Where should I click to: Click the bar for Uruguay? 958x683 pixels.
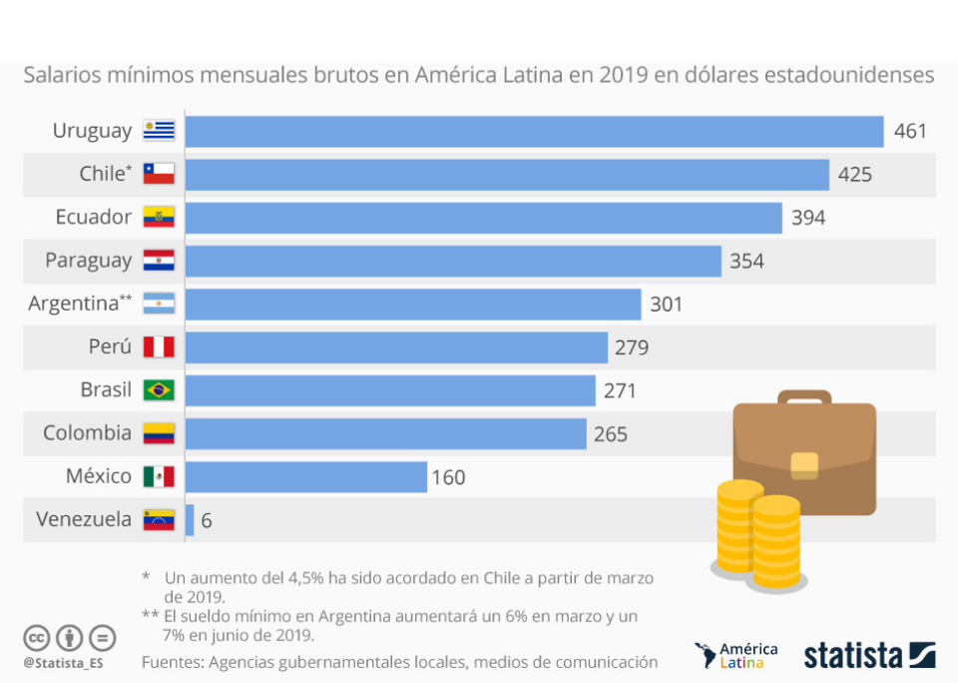pyautogui.click(x=534, y=132)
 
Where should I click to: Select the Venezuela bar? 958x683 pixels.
pyautogui.click(x=190, y=519)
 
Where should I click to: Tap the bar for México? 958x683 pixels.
pyautogui.click(x=305, y=476)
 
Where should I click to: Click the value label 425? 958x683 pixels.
pyautogui.click(x=854, y=175)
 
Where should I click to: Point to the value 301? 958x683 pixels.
pyautogui.click(x=666, y=304)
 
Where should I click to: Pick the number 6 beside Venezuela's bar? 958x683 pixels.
pyautogui.click(x=206, y=520)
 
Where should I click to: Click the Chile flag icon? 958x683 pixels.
pyautogui.click(x=159, y=174)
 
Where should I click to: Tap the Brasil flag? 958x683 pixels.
pyautogui.click(x=159, y=389)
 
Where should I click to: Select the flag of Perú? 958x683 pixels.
pyautogui.click(x=159, y=346)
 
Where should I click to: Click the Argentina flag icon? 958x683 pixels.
pyautogui.click(x=159, y=304)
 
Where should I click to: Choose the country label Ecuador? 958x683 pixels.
pyautogui.click(x=93, y=217)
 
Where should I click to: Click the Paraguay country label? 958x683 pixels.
pyautogui.click(x=88, y=261)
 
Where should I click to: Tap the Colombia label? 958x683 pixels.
pyautogui.click(x=87, y=433)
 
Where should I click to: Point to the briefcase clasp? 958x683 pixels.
pyautogui.click(x=804, y=463)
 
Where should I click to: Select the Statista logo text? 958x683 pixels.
pyautogui.click(x=853, y=656)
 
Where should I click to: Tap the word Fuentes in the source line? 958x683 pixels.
pyautogui.click(x=173, y=662)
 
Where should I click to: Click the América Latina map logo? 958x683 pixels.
pyautogui.click(x=707, y=655)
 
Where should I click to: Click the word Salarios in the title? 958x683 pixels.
pyautogui.click(x=62, y=75)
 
